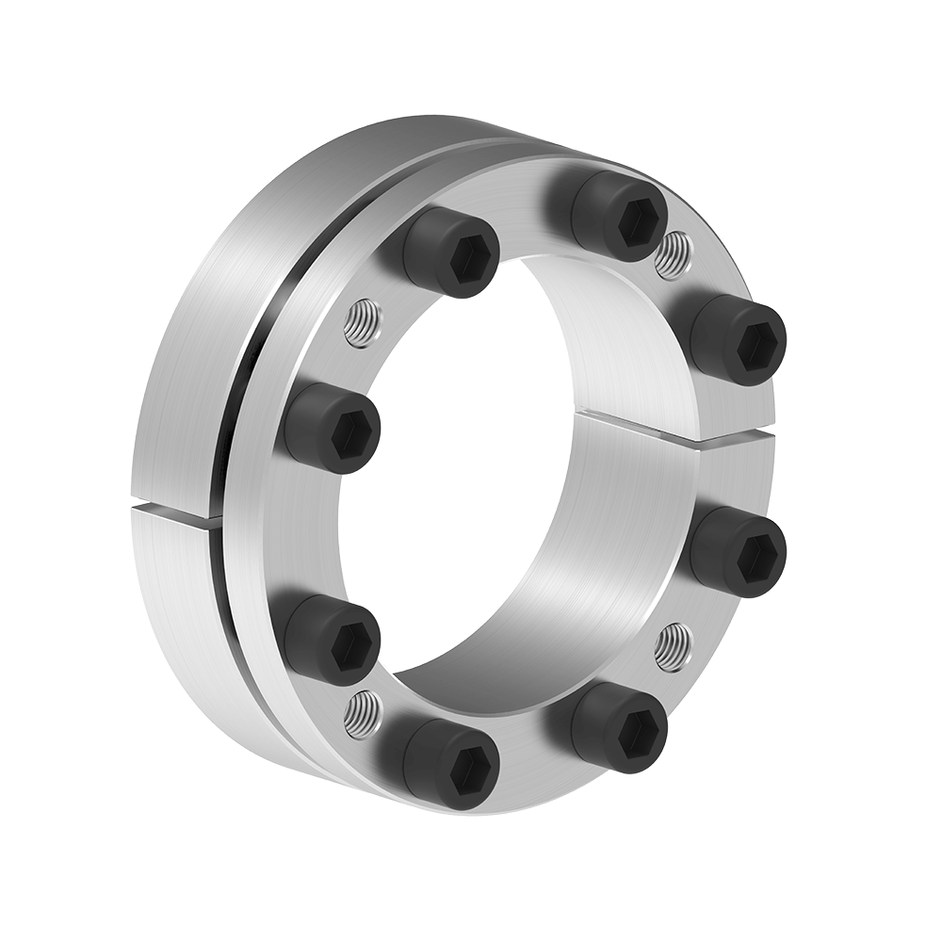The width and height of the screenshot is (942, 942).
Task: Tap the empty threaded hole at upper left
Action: [x=362, y=323]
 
